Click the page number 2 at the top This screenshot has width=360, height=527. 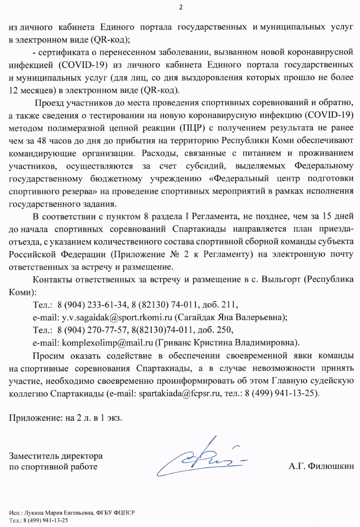tap(181, 7)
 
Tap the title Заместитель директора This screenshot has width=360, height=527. tap(56, 457)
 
